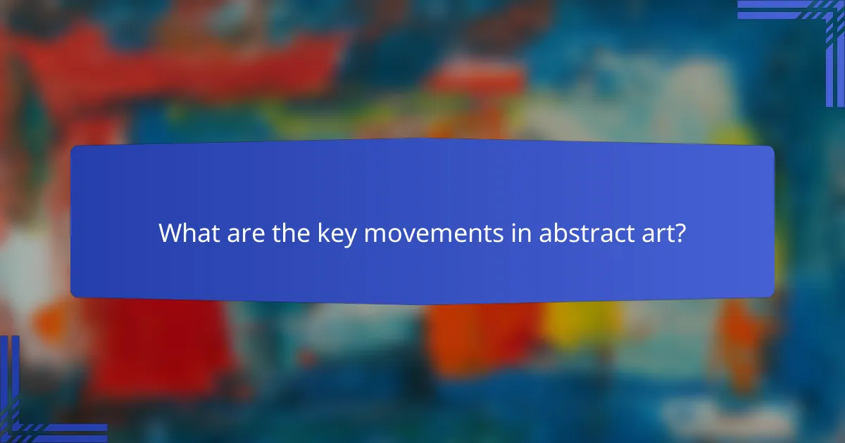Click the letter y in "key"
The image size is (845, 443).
click(350, 236)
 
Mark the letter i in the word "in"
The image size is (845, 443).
click(514, 233)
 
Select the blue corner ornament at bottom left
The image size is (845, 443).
click(28, 415)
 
